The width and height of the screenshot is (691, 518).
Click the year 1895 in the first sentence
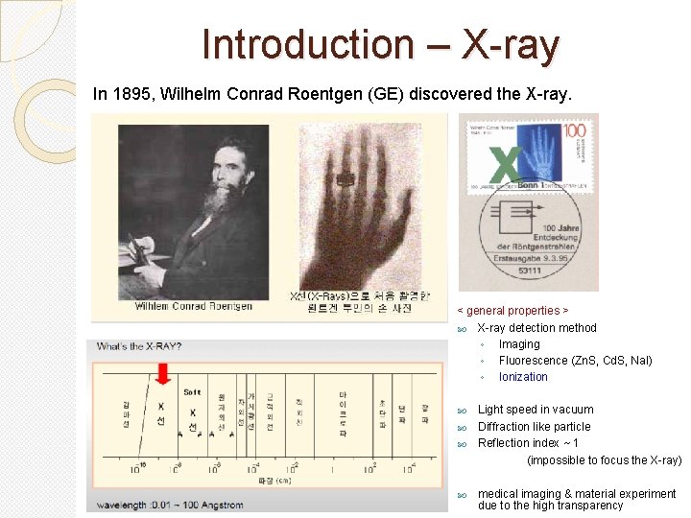(x=127, y=95)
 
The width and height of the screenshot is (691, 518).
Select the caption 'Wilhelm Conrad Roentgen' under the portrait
(x=193, y=306)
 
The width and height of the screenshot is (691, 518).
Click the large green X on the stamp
(x=509, y=164)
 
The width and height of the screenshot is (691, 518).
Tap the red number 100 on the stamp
(x=575, y=129)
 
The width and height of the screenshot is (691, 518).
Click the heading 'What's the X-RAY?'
(x=138, y=346)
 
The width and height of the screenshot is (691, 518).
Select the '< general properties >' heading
(x=512, y=311)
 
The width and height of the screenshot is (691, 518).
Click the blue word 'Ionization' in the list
(x=523, y=377)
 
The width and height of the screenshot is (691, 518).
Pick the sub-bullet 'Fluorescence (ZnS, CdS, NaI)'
(x=575, y=361)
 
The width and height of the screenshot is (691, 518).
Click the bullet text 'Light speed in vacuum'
(x=536, y=410)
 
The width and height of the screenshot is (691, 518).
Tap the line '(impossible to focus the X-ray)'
(x=605, y=460)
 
